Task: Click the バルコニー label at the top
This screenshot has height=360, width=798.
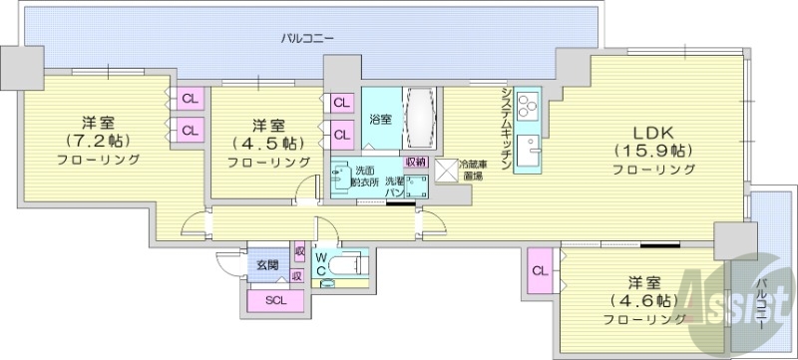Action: pyautogui.click(x=306, y=39)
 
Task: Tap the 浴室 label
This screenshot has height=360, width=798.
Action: pyautogui.click(x=380, y=120)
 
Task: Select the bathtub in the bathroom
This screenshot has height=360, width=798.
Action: pyautogui.click(x=419, y=119)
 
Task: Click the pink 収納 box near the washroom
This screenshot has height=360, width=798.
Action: pyautogui.click(x=416, y=162)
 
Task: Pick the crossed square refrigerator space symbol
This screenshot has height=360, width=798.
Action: pyautogui.click(x=445, y=170)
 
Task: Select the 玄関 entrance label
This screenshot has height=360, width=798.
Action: pyautogui.click(x=266, y=265)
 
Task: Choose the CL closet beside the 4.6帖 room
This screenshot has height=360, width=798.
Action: pyautogui.click(x=539, y=270)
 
